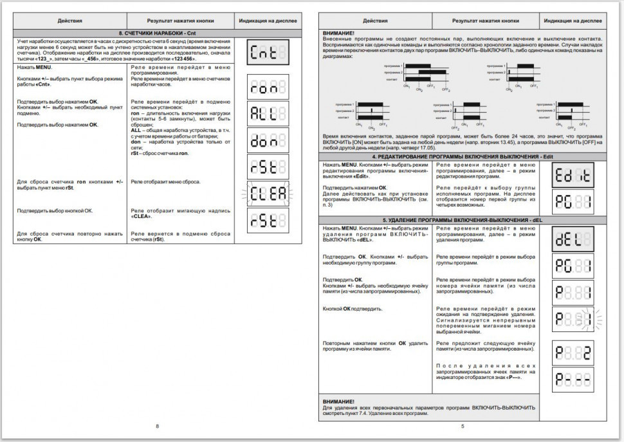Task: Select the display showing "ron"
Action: pos(268,87)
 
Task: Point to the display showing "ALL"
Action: pos(268,114)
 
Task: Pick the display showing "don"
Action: pos(268,140)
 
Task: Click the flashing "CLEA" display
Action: pos(268,193)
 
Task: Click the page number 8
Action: pos(156,426)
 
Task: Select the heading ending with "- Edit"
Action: pos(462,157)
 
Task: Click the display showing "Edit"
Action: pos(573,174)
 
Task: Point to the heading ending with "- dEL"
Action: pos(462,220)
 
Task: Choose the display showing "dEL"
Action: pos(573,239)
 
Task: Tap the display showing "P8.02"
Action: pos(573,352)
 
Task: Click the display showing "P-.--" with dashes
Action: pos(573,379)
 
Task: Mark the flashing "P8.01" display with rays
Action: pos(573,318)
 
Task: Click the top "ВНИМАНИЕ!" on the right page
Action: pos(338,33)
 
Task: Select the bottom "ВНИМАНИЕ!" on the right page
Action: pos(338,401)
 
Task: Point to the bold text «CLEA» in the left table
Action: pos(141,216)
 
